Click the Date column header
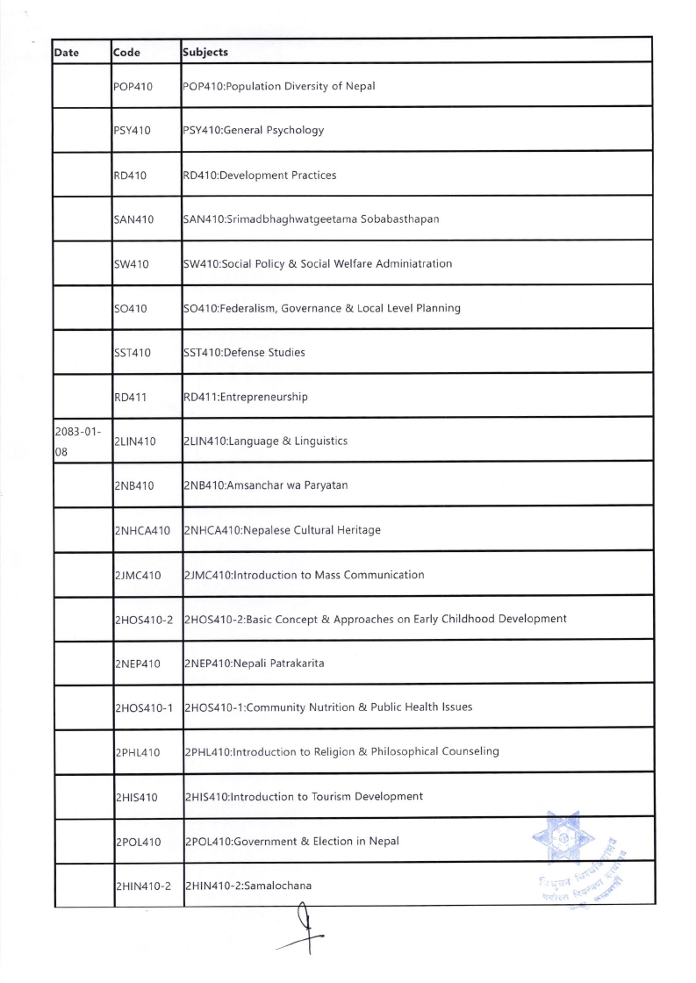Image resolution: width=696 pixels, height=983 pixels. [67, 52]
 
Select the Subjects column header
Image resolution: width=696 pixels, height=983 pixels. [204, 52]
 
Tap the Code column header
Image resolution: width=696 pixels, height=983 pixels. [128, 52]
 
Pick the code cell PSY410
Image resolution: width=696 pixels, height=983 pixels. [133, 131]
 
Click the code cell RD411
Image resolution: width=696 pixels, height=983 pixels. [130, 397]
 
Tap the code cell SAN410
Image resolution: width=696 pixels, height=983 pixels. [134, 219]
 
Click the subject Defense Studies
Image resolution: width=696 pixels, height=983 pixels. [272, 353]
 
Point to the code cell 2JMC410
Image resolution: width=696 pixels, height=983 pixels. [138, 575]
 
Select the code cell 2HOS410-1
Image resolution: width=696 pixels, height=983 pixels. [144, 707]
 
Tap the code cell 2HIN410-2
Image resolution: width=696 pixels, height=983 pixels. [143, 886]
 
